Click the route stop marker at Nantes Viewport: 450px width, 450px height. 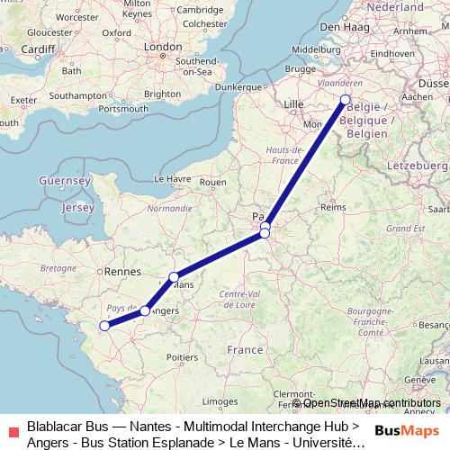pyautogui.click(x=104, y=326)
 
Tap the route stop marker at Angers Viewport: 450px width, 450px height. pyautogui.click(x=145, y=310)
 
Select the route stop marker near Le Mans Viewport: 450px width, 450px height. pyautogui.click(x=174, y=277)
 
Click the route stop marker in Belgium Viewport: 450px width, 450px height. pyautogui.click(x=346, y=100)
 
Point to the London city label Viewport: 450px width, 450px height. pyautogui.click(x=164, y=46)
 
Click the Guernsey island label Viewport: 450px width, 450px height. pyautogui.click(x=65, y=180)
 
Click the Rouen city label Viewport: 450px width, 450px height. pyautogui.click(x=212, y=181)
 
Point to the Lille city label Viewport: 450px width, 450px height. pyautogui.click(x=293, y=104)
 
